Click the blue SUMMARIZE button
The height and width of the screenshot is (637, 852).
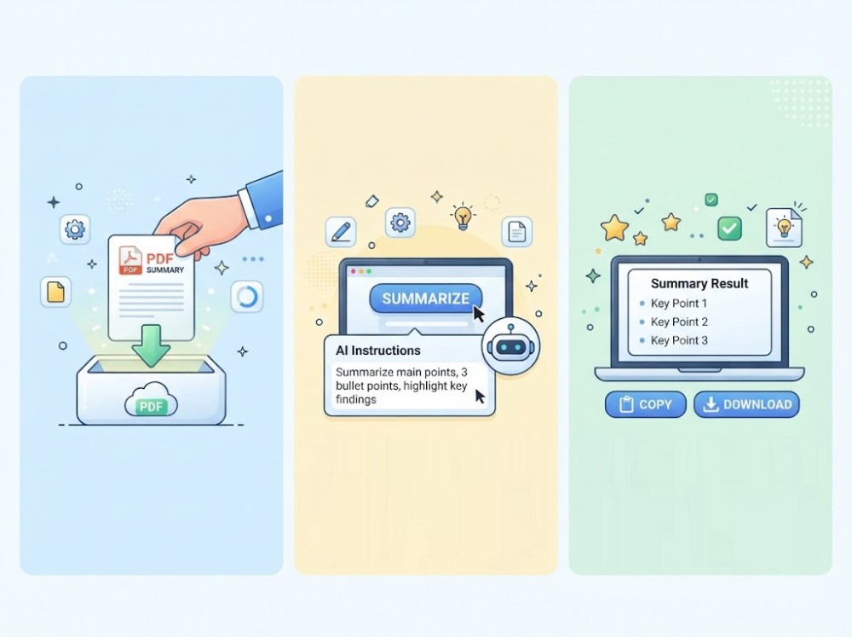(x=425, y=298)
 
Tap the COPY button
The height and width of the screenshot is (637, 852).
(x=646, y=405)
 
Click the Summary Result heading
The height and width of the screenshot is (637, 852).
(x=699, y=283)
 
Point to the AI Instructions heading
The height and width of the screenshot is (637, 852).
(x=378, y=350)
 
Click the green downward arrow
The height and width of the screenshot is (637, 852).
(x=151, y=345)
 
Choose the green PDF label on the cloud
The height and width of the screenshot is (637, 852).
(x=151, y=407)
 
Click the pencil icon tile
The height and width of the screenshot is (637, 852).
(x=341, y=232)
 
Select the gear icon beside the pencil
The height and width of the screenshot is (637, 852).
(x=400, y=223)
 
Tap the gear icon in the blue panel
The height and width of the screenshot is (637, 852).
(x=75, y=229)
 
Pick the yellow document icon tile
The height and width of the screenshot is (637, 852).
(x=56, y=292)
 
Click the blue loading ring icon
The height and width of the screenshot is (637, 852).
(x=247, y=297)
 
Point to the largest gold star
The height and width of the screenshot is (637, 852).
(x=614, y=228)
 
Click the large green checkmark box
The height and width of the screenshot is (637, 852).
(x=729, y=229)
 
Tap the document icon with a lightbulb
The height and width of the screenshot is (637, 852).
(x=784, y=228)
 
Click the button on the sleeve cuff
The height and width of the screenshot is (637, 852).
(x=268, y=218)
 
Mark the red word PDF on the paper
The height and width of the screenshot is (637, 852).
(x=160, y=258)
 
